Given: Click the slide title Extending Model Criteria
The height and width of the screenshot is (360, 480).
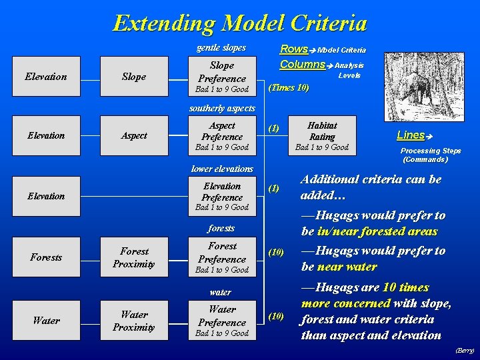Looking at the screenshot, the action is [x=240, y=23].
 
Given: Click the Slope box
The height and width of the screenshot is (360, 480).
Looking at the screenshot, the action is [x=133, y=77].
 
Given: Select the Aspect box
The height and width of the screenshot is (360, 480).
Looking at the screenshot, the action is [x=133, y=135].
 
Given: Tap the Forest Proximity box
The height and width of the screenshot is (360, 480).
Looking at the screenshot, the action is [x=133, y=257].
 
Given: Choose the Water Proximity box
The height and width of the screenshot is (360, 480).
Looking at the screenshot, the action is [x=133, y=321].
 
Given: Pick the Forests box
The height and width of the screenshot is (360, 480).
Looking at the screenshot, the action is [x=46, y=257].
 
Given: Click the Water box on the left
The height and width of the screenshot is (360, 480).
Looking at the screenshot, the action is [x=46, y=321].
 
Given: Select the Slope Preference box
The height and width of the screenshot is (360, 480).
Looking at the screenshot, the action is [x=221, y=77].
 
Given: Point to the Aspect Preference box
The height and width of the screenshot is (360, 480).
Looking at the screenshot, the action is [x=221, y=135].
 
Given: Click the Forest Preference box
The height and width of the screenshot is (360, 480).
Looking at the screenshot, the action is [x=221, y=257].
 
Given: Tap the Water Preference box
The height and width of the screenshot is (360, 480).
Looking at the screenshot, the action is [x=221, y=321].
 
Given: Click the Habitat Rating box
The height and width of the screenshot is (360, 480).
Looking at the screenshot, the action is [x=322, y=135].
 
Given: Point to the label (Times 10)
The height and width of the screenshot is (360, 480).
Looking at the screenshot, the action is [x=288, y=87].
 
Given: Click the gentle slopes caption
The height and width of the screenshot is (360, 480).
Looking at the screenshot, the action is [x=221, y=47].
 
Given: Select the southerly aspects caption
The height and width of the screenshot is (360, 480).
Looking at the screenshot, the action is [x=221, y=108].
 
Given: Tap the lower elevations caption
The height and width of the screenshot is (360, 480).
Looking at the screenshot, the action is [x=221, y=169].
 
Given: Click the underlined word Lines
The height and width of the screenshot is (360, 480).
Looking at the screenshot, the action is [x=411, y=135].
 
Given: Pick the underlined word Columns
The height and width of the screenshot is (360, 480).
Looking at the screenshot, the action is [x=302, y=65].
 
